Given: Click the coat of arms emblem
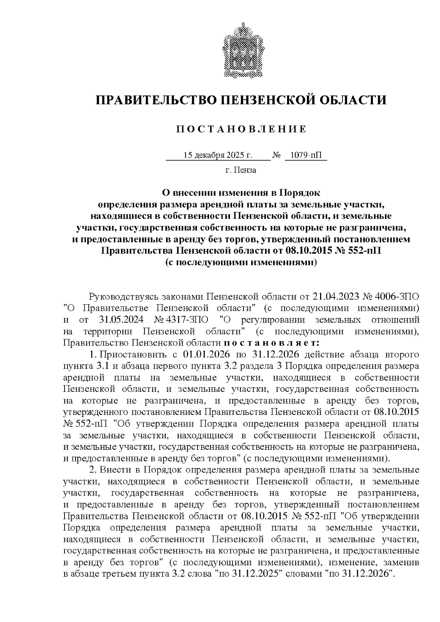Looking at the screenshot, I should point(241,50).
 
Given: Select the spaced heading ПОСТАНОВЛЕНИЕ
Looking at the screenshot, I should point(241,129).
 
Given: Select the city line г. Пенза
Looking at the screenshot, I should point(241,170).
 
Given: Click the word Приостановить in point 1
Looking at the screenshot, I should point(133,355).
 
